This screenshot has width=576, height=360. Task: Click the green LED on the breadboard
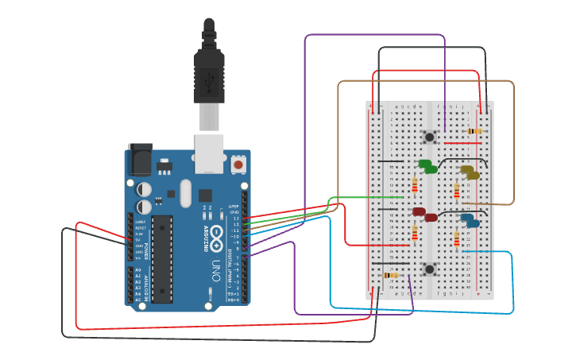coord(427,166)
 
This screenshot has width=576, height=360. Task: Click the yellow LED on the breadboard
coord(470,172)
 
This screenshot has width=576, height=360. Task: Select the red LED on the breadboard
coord(423,214)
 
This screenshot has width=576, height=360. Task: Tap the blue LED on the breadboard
coord(470,220)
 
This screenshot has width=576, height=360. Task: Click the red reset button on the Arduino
coord(238,165)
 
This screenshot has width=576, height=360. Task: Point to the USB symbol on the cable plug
coord(209,79)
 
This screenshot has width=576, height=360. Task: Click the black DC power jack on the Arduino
coord(141,160)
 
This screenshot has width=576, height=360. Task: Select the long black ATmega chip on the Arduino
coord(162,258)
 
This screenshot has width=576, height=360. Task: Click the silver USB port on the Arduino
coord(209,153)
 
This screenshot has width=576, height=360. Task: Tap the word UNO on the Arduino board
coord(215,267)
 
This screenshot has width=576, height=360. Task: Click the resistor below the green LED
coord(414,186)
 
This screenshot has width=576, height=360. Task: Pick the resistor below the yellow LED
coord(457,191)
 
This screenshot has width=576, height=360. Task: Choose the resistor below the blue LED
coord(457,238)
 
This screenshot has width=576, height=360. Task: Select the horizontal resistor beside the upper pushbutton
coord(474,131)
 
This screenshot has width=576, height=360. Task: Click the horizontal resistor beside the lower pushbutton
coord(390,275)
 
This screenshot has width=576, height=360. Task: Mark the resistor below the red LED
coord(414,233)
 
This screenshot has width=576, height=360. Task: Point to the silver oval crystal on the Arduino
coord(186,192)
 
